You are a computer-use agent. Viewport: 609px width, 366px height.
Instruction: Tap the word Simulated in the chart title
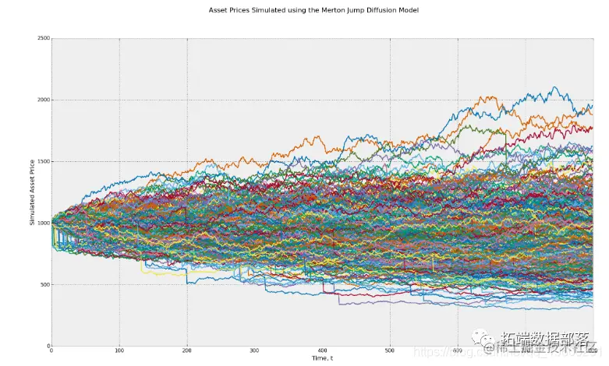coord(260,10)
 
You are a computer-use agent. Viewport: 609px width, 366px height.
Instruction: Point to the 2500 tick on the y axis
coord(43,38)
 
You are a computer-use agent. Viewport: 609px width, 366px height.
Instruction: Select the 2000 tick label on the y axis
coord(43,100)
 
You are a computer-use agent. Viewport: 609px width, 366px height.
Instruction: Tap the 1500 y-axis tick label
coord(43,161)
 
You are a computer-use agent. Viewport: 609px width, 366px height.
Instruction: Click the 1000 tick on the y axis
coord(43,223)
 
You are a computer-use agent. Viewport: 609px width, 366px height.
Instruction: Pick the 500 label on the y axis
coord(44,284)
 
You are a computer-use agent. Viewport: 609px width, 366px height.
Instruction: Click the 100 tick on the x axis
coord(119,351)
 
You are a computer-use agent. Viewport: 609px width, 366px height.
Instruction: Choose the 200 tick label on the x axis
coord(187,351)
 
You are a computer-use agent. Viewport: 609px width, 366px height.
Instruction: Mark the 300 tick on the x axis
coord(255,351)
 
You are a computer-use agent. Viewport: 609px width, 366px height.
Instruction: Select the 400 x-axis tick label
coord(323,351)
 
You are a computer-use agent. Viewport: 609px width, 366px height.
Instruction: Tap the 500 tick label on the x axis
coord(391,351)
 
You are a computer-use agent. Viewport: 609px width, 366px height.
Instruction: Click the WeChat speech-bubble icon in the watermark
coord(486,340)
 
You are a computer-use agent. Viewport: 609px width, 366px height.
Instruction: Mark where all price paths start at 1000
coord(52,223)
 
